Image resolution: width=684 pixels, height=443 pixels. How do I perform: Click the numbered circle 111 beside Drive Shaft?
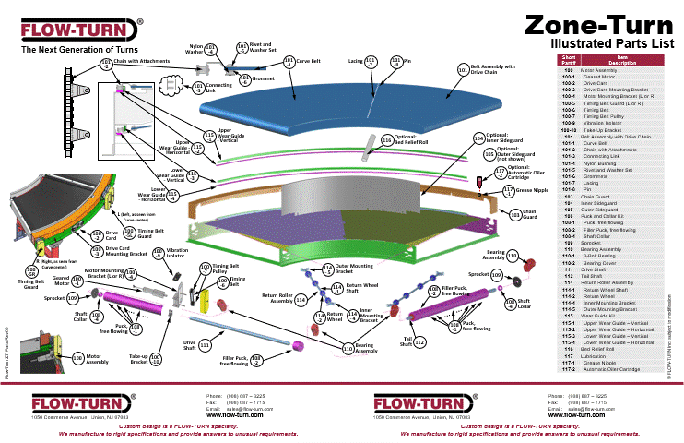pyautogui.click(x=205, y=345)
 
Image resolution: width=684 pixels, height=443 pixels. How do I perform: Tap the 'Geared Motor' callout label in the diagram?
pyautogui.click(x=62, y=281)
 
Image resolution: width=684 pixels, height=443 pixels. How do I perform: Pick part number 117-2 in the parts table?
pyautogui.click(x=569, y=369)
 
